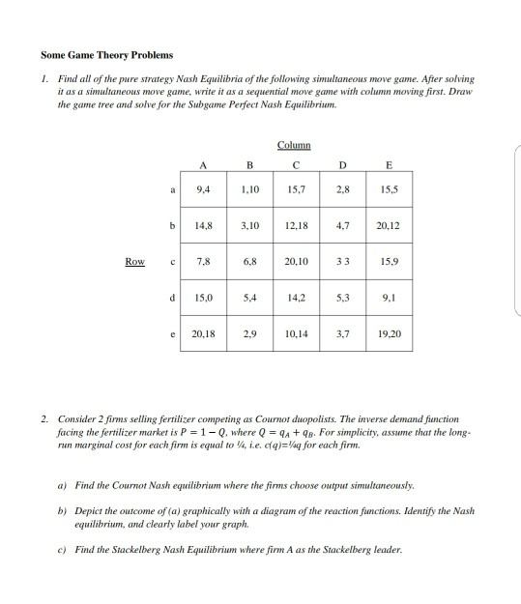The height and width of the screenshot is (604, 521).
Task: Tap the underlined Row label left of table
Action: coord(135,260)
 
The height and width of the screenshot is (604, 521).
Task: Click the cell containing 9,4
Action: coord(204,190)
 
